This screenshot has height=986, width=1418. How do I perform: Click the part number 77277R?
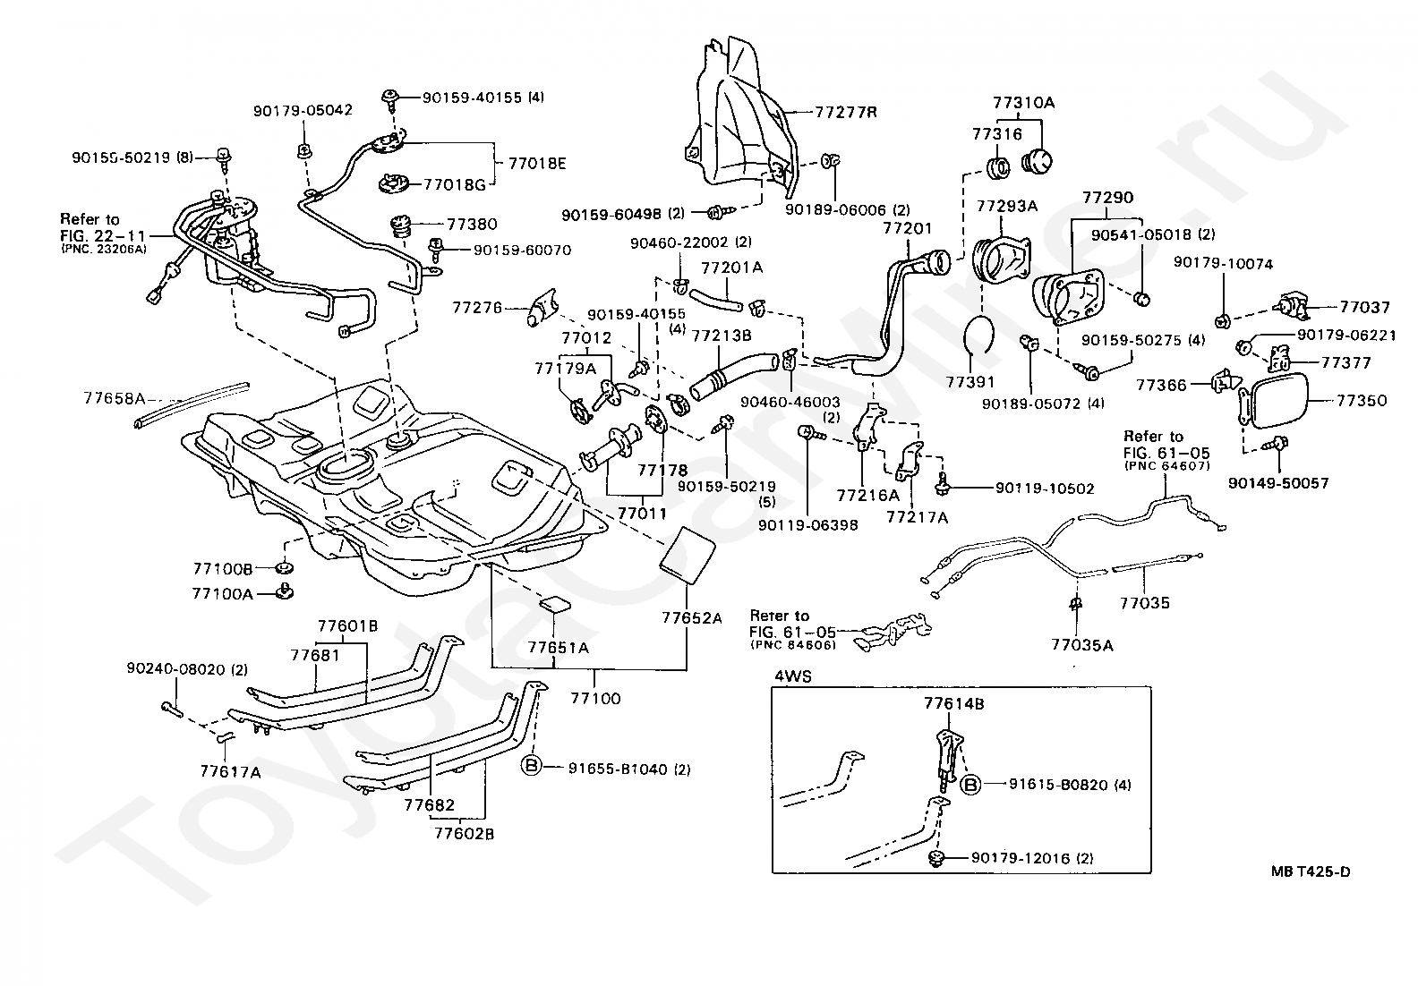tap(846, 112)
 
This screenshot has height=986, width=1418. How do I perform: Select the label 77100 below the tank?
tap(595, 698)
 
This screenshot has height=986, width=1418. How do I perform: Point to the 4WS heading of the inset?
tap(792, 676)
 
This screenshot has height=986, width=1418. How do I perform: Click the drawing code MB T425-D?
tap(1311, 871)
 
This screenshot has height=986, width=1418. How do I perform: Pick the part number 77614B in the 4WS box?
tap(954, 703)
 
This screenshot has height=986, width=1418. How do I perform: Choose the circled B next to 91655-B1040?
tap(531, 766)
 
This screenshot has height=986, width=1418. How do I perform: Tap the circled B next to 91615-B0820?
tap(970, 785)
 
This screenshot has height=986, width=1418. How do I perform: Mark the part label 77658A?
tap(114, 398)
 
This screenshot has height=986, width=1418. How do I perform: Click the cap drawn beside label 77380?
tap(401, 226)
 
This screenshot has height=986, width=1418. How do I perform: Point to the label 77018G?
tap(455, 185)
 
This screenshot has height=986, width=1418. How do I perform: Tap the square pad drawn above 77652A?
tap(688, 555)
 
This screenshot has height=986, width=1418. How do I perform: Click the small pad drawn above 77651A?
tap(554, 604)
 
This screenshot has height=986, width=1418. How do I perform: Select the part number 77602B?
tap(464, 834)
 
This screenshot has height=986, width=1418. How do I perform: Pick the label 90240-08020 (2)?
tap(187, 669)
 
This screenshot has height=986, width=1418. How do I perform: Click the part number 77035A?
tap(1082, 645)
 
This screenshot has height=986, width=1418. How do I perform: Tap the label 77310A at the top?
tap(1023, 103)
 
